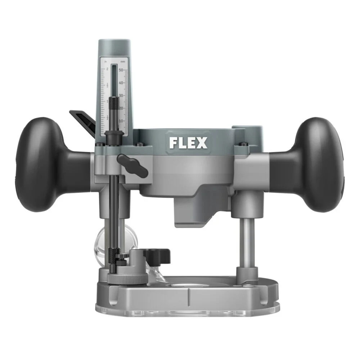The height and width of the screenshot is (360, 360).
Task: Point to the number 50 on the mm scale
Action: click(x=121, y=70)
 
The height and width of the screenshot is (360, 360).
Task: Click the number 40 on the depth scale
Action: click(x=121, y=83)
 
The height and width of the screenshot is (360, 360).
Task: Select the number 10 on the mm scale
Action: click(x=121, y=121)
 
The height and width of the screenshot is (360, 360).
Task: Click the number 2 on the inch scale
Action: click(x=107, y=69)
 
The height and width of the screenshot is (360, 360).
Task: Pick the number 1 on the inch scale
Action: click(x=107, y=102)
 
